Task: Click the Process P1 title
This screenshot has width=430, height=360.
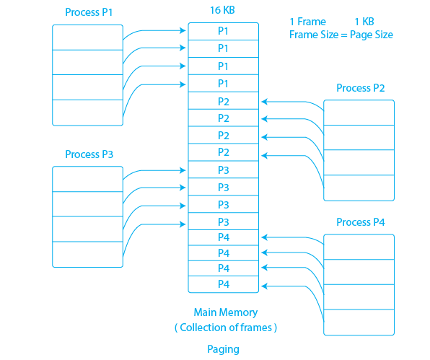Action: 89,12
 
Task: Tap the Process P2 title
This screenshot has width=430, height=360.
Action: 360,88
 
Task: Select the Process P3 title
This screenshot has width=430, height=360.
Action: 89,154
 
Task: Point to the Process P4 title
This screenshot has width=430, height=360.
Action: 360,222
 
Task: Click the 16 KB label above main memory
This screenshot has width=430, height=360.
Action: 222,10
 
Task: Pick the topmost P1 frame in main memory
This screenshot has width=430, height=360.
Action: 224,31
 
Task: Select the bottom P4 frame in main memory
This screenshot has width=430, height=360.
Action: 224,284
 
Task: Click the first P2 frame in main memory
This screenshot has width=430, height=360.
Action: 224,101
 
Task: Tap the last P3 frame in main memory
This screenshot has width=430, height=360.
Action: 224,221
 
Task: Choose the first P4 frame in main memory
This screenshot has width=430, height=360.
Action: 224,237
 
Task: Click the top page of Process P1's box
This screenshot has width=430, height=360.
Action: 87,38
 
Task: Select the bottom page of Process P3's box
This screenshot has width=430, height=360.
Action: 87,255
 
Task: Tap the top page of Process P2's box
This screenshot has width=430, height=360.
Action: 359,113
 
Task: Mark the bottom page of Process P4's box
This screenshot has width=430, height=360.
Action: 359,322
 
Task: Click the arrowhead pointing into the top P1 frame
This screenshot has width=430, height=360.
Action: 183,30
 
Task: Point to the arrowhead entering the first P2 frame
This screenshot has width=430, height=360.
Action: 264,102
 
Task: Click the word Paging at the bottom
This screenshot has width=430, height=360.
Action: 223,349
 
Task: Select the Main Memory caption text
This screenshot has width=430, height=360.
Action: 226,312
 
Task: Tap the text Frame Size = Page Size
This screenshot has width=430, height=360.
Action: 341,35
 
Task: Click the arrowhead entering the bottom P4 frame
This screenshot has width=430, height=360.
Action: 264,286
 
